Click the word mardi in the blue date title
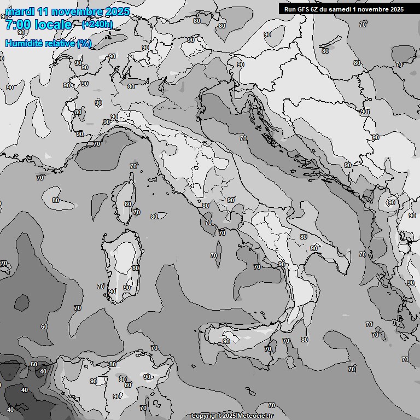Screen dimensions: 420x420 [x=20, y=11]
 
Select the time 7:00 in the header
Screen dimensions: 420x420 [x=17, y=25]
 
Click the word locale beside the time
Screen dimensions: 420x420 [x=52, y=25]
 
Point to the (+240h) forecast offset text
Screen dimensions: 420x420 [x=97, y=24]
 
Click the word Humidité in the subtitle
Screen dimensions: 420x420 [x=24, y=43]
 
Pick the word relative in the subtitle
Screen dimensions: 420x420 [x=59, y=43]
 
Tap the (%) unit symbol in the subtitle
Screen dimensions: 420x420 [x=84, y=43]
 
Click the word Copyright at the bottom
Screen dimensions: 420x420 [x=206, y=416]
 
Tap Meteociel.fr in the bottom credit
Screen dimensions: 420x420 [x=262, y=416]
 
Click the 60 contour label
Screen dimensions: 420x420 [x=44, y=326]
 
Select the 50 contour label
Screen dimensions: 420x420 [x=33, y=364]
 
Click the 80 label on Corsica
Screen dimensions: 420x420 [x=127, y=204]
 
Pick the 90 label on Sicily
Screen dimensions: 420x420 [x=226, y=341]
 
